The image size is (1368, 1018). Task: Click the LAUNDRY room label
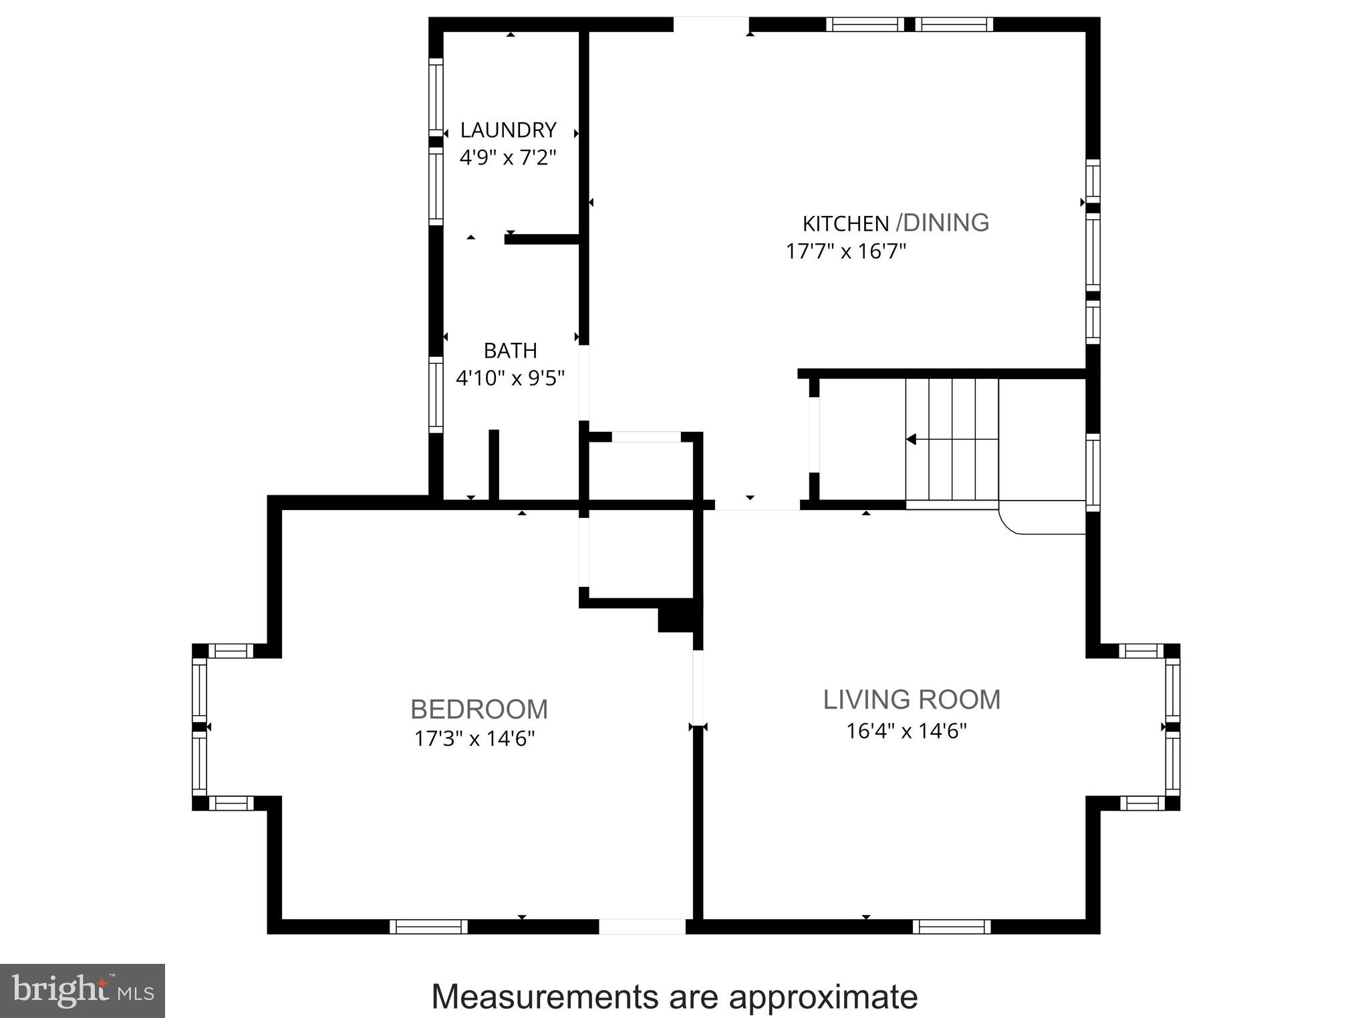pos(508,130)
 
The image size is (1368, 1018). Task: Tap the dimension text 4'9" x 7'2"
pos(508,158)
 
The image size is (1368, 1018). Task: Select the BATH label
pos(510,350)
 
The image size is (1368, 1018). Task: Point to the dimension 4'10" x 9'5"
pos(510,378)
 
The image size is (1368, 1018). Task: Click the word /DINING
pos(942,223)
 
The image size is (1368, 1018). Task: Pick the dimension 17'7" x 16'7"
pos(845,252)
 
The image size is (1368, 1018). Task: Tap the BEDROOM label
pos(479,709)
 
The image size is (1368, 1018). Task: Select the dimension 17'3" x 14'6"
pos(474,739)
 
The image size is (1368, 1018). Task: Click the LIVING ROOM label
pos(912,700)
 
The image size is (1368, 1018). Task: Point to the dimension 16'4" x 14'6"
pos(906,731)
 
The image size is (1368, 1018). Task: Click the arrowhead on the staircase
pos(911,439)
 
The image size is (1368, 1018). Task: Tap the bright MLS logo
pos(82,991)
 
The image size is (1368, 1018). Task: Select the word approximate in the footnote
pos(823,997)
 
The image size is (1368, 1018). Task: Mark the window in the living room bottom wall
pos(952,926)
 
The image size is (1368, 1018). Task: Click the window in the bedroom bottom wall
pos(428,926)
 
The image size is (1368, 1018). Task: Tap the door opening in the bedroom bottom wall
pos(642,926)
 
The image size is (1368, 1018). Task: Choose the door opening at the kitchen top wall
pos(710,24)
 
